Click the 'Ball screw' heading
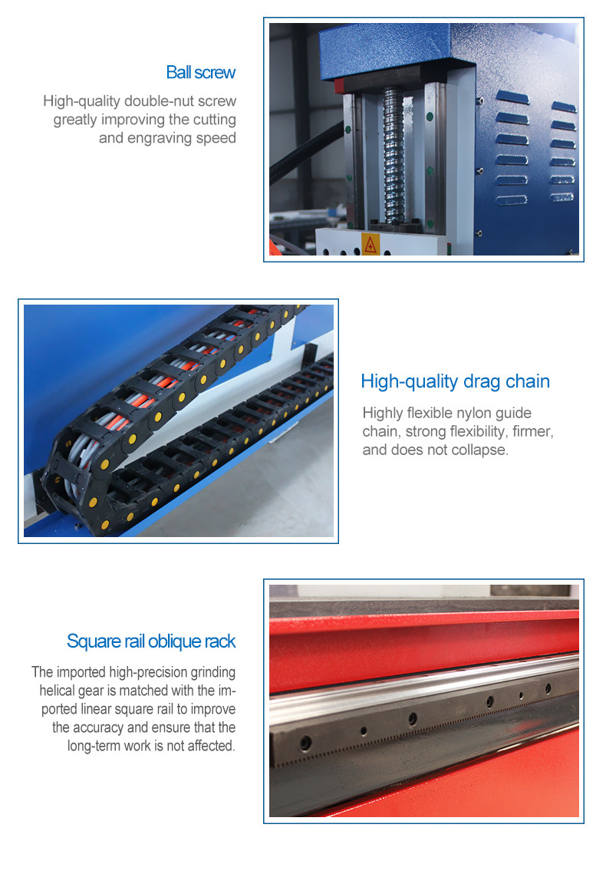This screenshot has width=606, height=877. point(201,73)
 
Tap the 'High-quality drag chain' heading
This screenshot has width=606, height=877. point(455,381)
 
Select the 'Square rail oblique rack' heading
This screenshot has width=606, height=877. point(151,641)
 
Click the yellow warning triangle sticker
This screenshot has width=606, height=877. point(370,244)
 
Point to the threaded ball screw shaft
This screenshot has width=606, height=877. point(394,157)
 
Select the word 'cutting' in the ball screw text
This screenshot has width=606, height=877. point(214,120)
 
